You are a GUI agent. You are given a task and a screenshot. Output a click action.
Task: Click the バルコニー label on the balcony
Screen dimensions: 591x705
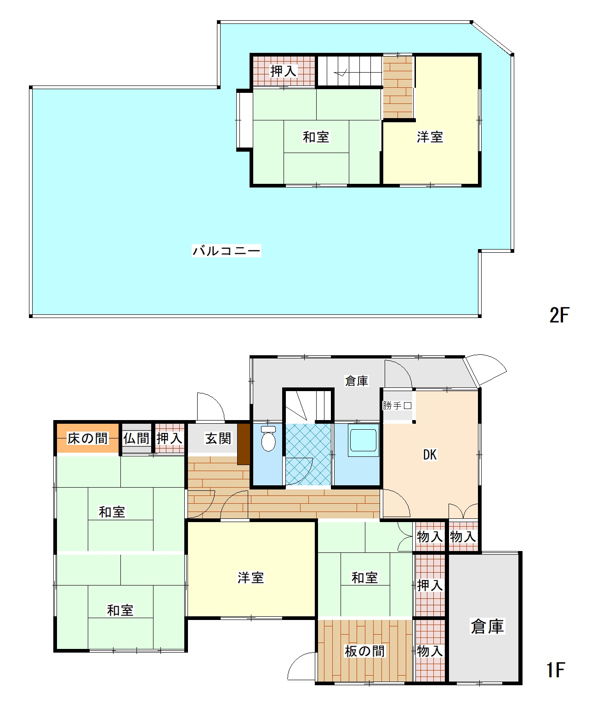226,250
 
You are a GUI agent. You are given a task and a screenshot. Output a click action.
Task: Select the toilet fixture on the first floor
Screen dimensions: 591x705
268,438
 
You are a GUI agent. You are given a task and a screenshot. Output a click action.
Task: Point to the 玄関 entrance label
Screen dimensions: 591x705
218,438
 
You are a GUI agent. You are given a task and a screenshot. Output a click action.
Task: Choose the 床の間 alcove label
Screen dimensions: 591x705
87,438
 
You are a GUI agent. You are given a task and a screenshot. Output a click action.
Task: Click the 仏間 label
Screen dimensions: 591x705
136,438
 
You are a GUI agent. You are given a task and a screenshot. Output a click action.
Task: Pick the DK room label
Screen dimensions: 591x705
430,455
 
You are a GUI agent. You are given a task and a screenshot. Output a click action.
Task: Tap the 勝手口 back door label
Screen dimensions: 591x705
397,405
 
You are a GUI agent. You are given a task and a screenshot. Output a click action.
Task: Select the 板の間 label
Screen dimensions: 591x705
364,651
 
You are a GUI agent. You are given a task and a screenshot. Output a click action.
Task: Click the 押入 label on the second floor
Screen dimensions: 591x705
284,71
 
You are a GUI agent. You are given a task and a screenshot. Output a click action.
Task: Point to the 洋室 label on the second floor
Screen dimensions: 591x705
430,137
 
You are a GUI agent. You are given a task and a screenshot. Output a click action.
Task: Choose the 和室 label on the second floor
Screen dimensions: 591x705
316,137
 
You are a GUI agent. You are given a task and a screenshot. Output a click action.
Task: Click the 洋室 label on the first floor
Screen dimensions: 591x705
250,578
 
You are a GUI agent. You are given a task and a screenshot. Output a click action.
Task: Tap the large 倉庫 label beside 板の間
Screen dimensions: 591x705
487,626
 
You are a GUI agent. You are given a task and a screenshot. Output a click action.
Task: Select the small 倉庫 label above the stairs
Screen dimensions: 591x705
356,381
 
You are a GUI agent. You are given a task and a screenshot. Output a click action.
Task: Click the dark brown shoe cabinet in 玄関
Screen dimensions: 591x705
244,444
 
